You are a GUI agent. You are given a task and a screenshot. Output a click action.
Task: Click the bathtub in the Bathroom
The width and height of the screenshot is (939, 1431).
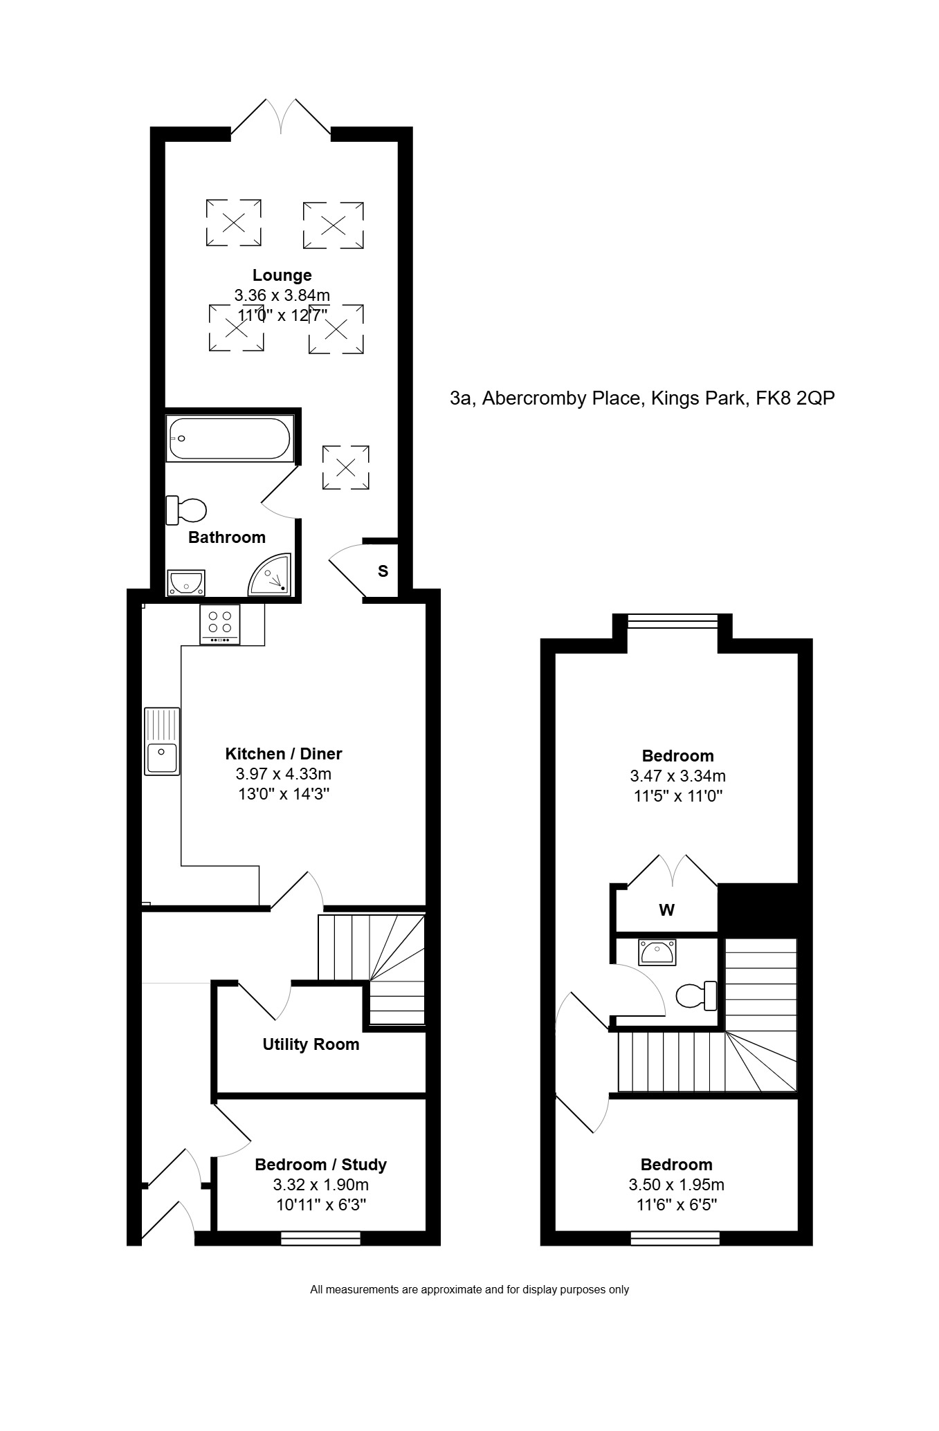point(229,438)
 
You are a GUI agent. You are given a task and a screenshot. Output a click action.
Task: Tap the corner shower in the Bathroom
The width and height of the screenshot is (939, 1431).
point(271,574)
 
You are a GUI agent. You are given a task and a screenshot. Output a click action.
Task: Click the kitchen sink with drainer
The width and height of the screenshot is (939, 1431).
point(162,740)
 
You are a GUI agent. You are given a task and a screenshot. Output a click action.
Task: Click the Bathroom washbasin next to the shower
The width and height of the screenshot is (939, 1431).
point(185,582)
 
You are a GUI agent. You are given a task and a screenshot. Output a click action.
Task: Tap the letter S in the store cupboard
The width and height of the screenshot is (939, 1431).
point(383,571)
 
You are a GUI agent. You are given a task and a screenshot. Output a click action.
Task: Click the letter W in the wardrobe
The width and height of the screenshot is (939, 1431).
point(666,910)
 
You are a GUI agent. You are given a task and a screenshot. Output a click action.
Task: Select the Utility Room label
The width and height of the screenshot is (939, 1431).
point(311,1044)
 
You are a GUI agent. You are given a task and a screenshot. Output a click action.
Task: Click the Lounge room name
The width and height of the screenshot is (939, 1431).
point(282,275)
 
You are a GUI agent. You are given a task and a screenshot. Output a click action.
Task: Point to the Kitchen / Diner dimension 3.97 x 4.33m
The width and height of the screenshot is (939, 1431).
point(283,774)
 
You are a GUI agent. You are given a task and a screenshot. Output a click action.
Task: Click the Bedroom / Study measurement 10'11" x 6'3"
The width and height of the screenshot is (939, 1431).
point(320,1205)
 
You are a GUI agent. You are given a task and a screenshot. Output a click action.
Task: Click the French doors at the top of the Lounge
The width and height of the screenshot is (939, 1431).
point(281,116)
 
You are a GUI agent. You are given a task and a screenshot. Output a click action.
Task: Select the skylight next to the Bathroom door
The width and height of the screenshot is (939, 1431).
point(346,468)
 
